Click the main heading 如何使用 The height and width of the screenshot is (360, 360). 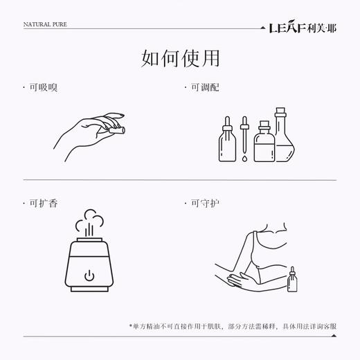(x=180, y=59)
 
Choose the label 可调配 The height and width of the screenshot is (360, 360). (x=199, y=89)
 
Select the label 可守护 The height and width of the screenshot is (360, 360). (x=199, y=203)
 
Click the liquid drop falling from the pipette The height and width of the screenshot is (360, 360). (x=244, y=159)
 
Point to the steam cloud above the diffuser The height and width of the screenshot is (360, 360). (x=89, y=222)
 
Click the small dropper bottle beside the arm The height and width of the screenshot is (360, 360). (x=294, y=280)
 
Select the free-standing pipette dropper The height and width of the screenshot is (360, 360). (x=244, y=135)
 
